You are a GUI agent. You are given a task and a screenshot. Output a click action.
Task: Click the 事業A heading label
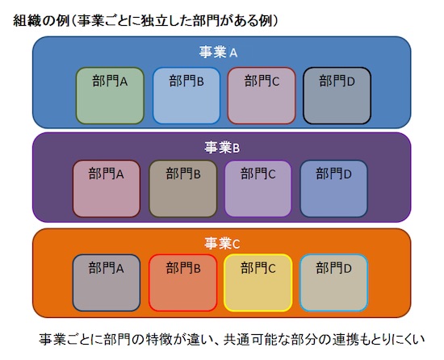point(218,52)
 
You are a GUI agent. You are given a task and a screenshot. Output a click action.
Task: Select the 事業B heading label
point(222,148)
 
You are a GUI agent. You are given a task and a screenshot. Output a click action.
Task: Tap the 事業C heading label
point(222,243)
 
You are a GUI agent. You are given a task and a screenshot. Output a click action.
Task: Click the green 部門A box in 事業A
point(110,96)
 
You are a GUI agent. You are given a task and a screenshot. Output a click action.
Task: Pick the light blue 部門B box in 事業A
point(186,96)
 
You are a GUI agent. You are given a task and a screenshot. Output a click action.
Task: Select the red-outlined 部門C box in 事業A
point(262,96)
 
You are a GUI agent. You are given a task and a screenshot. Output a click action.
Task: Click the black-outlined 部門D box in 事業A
point(337,96)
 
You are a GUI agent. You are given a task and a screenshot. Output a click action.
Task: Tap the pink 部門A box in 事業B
point(107,189)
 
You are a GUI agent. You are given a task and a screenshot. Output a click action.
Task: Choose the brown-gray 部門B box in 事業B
point(183,189)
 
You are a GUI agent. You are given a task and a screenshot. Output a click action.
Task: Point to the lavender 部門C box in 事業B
point(258,189)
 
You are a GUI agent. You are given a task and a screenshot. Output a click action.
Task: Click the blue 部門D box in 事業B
point(334,189)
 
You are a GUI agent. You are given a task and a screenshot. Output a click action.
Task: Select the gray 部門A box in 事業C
point(107,283)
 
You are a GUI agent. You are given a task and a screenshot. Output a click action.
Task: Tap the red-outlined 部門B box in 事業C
point(183,283)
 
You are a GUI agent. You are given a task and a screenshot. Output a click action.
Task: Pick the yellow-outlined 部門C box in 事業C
point(258,283)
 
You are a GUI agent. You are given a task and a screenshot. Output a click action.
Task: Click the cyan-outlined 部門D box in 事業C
point(334,283)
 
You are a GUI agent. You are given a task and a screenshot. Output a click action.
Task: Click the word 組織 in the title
point(26,21)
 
